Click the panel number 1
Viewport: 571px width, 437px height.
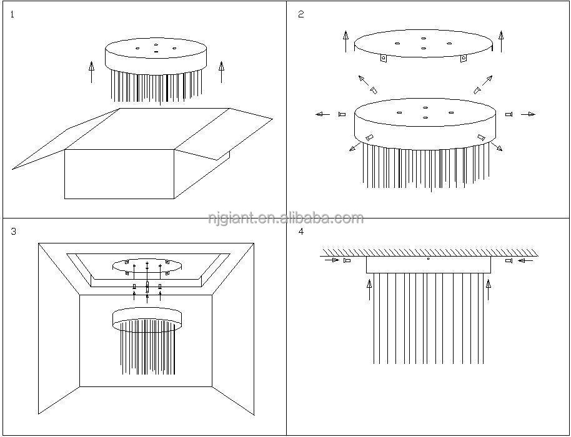12,15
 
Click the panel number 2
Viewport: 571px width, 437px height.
300,14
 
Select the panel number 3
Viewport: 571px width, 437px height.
14,232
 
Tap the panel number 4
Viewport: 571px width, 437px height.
300,232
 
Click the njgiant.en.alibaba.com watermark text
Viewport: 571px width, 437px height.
286,218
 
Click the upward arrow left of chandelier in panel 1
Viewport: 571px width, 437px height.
91,72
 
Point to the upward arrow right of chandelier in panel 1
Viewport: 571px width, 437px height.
221,72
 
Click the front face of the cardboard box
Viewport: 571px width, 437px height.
119,174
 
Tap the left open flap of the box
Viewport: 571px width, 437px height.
66,139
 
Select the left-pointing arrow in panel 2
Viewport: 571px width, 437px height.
322,114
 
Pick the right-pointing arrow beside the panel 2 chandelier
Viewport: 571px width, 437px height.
528,114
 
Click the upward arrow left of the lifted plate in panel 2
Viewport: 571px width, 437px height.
346,41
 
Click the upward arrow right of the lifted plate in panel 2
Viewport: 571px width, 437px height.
501,41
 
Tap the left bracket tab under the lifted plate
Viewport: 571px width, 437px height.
384,58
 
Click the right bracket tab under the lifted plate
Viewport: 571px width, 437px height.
464,58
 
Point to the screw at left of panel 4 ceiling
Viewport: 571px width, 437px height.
347,260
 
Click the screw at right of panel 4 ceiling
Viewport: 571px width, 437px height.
509,260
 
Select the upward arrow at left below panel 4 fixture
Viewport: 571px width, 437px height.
369,290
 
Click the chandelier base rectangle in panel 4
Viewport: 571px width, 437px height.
429,265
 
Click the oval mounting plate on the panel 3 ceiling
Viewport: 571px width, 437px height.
147,266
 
